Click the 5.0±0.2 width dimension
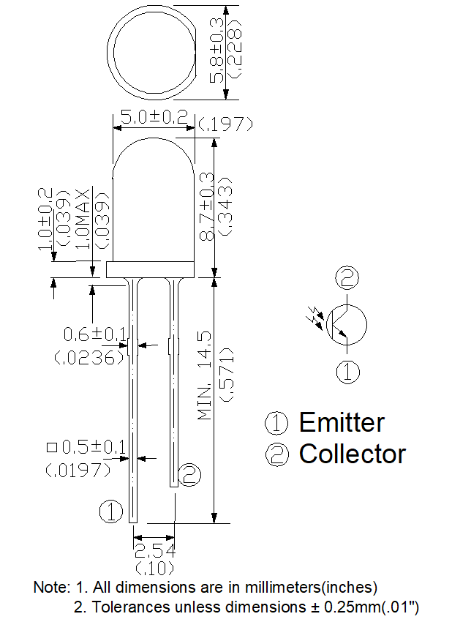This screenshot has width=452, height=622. pyautogui.click(x=154, y=117)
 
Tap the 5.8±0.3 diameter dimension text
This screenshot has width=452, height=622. pyautogui.click(x=216, y=50)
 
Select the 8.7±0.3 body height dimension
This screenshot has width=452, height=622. pyautogui.click(x=206, y=206)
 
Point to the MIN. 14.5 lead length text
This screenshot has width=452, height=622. pyautogui.click(x=206, y=375)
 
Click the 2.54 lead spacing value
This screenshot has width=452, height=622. pyautogui.click(x=155, y=550)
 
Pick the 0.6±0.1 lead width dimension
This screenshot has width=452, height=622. pyautogui.click(x=95, y=334)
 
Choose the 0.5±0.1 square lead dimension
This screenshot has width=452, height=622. pyautogui.click(x=94, y=447)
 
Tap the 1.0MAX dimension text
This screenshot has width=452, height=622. pyautogui.click(x=83, y=219)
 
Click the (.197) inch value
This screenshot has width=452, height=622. pyautogui.click(x=225, y=124)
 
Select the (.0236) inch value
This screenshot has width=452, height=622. pyautogui.click(x=90, y=358)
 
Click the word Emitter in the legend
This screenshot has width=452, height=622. pyautogui.click(x=342, y=422)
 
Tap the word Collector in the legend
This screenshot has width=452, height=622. pyautogui.click(x=352, y=454)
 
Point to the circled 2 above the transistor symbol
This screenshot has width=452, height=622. pyautogui.click(x=347, y=277)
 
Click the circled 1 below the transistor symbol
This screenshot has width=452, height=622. pyautogui.click(x=347, y=372)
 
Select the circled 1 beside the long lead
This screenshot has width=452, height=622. pyautogui.click(x=111, y=511)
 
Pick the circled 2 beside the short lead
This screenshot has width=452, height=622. pyautogui.click(x=189, y=474)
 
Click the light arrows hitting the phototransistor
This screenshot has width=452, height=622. pyautogui.click(x=315, y=318)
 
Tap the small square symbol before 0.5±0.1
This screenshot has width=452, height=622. pyautogui.click(x=52, y=447)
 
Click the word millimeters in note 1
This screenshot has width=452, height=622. pyautogui.click(x=282, y=587)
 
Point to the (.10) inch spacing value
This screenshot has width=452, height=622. pyautogui.click(x=154, y=569)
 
